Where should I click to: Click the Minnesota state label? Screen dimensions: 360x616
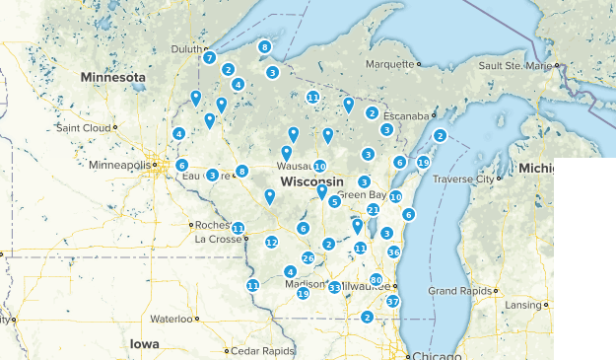tap(112, 77)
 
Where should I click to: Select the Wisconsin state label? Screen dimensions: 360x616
tap(311, 183)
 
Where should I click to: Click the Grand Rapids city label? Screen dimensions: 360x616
tap(459, 291)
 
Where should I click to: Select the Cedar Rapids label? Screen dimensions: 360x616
tap(264, 350)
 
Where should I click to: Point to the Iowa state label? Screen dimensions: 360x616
tap(144, 343)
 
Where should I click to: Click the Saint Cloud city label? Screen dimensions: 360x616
tap(83, 128)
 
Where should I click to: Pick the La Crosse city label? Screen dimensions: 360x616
tap(217, 239)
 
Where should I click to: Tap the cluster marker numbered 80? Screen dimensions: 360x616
tap(376, 280)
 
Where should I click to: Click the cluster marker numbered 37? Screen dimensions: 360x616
tap(392, 302)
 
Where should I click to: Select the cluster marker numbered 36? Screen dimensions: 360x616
tap(393, 252)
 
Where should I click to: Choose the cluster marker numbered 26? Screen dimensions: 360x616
tap(308, 258)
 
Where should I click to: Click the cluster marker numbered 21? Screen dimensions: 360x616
tap(373, 210)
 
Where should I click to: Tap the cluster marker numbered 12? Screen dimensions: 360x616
tap(272, 243)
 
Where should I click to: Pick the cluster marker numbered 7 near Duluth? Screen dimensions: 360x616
tap(209, 58)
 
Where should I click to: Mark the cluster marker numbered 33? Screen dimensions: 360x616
tap(334, 288)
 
